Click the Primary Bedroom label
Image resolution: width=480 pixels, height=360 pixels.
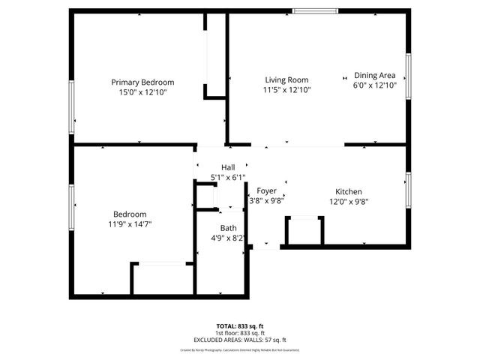point(142,82)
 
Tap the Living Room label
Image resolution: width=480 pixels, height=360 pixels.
point(286,79)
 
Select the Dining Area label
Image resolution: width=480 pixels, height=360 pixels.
point(374,75)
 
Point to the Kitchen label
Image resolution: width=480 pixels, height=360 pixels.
point(349,191)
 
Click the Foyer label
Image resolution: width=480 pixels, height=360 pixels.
point(266,190)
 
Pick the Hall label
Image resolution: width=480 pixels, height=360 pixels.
point(228,167)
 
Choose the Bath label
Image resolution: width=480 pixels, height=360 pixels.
point(228,228)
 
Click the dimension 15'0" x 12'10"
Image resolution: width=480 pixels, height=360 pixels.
point(142,92)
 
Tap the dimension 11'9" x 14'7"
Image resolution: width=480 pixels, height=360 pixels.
point(130,223)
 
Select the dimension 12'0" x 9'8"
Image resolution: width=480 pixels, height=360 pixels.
point(349,201)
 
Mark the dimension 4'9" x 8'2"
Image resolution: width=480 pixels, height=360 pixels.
point(228,238)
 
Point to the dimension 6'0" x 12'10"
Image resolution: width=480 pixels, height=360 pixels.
point(374,85)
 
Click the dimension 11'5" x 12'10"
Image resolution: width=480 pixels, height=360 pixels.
point(286,89)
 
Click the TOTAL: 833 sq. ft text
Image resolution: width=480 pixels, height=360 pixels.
point(240,325)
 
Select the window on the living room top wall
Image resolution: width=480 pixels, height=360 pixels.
point(314,11)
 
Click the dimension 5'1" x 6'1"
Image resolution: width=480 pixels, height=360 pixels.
point(228,178)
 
